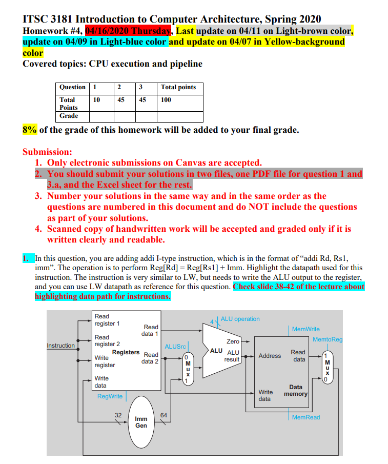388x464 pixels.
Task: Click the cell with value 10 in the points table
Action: (96, 100)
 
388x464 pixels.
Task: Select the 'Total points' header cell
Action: (178, 87)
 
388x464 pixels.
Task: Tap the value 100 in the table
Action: (166, 100)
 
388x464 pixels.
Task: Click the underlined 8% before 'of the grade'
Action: (30, 130)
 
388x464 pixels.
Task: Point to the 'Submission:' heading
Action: (47, 152)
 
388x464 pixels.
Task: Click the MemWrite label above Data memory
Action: (305, 329)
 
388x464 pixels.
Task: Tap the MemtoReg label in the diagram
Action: (328, 339)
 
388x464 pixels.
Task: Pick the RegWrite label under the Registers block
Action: (110, 396)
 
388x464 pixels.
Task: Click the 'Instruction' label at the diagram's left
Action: (61, 346)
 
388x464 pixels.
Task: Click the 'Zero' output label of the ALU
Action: (233, 341)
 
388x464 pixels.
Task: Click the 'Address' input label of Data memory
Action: (270, 356)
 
